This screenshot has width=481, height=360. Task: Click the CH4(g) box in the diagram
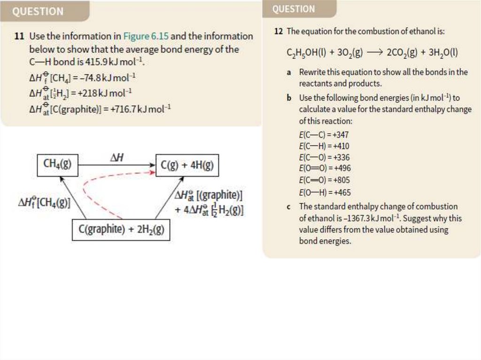57,165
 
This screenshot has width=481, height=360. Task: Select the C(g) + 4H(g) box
186,165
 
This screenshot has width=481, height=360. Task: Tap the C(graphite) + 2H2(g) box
121,230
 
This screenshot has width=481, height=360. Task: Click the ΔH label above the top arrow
117,158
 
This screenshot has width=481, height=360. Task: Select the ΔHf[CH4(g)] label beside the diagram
44,203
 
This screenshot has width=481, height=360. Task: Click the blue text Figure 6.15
146,36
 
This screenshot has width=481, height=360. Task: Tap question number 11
19,36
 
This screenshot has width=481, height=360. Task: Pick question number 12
279,31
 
